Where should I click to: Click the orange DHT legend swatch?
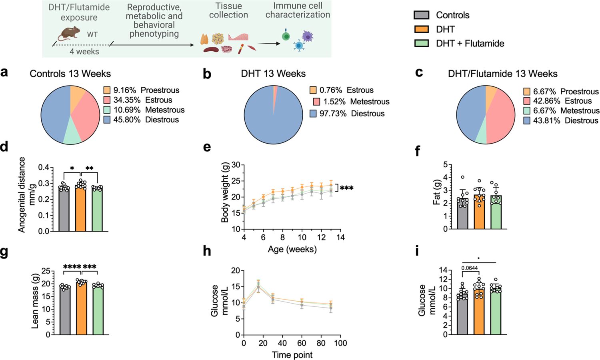[x=421, y=29]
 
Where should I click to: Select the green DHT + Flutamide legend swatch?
[x=421, y=43]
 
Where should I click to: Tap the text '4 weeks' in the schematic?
[x=84, y=52]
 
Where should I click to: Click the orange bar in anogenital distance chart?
[x=80, y=210]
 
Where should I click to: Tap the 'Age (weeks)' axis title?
[x=292, y=249]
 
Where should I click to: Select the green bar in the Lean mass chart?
[x=98, y=310]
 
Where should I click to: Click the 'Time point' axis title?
[x=292, y=355]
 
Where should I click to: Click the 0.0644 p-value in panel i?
[x=470, y=268]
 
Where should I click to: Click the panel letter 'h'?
[x=207, y=251]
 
